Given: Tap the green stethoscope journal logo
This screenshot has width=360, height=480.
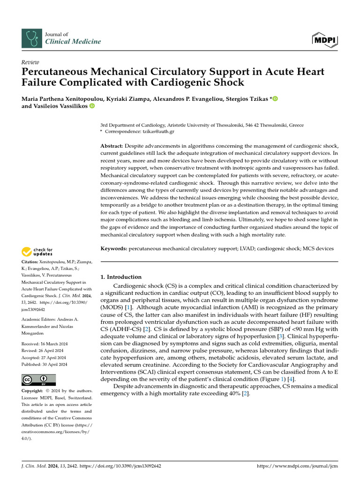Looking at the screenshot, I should click(x=31, y=38).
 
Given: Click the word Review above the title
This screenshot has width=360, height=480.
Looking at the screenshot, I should click(x=30, y=62).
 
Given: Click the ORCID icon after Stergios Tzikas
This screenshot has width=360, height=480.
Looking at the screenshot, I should click(x=275, y=98).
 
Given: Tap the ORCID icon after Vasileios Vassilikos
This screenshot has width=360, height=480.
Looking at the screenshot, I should click(x=92, y=106).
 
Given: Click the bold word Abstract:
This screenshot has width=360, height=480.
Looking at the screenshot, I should click(x=112, y=147).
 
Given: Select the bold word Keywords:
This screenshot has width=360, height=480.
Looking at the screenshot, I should click(x=114, y=248).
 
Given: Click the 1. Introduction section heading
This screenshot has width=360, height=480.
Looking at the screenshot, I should click(x=121, y=277).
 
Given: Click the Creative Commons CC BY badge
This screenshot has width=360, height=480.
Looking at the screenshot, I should click(x=39, y=380).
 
